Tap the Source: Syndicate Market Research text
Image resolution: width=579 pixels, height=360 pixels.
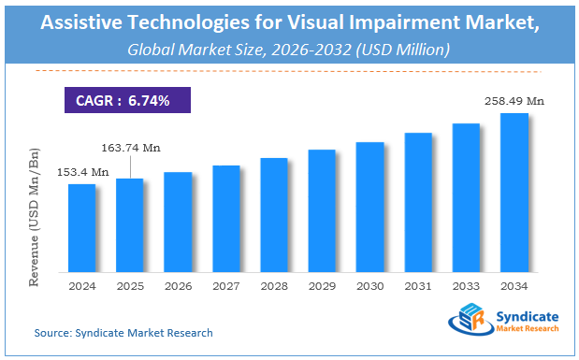(123, 333)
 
